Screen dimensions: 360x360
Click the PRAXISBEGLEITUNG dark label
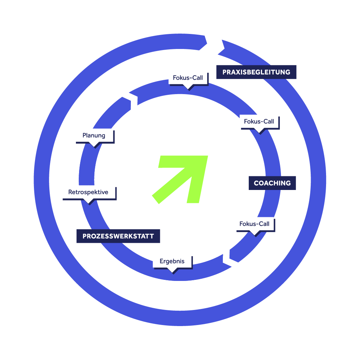(256, 72)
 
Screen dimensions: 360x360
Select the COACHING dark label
(272, 183)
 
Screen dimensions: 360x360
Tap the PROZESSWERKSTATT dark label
(118, 236)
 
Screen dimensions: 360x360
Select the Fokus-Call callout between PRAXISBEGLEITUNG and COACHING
(260, 124)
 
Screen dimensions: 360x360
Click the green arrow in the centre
(180, 179)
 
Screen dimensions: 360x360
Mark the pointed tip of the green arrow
(208, 156)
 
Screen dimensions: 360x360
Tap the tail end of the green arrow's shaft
(155, 199)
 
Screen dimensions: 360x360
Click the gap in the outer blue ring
(214, 45)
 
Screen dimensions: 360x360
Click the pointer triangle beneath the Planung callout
(94, 145)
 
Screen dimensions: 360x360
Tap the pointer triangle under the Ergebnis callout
(173, 271)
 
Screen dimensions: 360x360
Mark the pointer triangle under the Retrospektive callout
(89, 202)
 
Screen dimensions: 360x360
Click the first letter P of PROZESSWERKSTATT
(85, 236)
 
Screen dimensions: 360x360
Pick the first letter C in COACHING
(256, 183)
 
